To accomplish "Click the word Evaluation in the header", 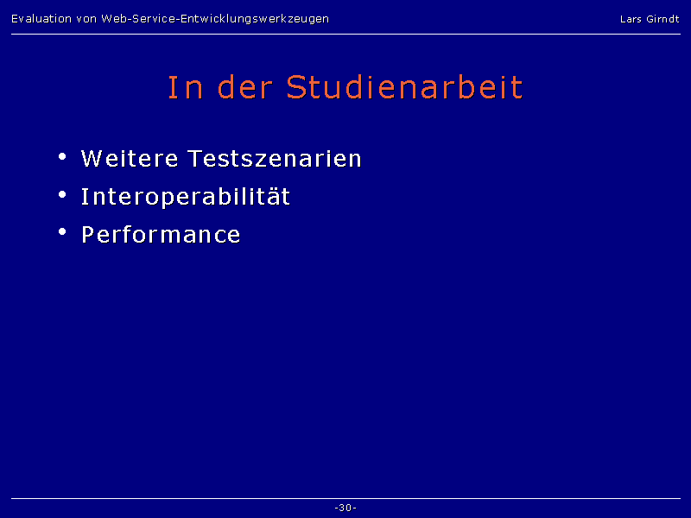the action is click(41, 19).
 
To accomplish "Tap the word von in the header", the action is click(86, 19).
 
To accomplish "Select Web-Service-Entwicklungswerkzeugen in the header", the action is click(215, 19).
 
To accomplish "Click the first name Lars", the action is click(631, 19).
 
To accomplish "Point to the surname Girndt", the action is click(662, 19).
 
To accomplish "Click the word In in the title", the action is click(186, 87).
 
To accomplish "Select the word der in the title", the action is click(245, 87).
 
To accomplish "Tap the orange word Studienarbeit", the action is click(404, 87).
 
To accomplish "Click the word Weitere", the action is click(130, 158).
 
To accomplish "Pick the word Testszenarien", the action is click(275, 158).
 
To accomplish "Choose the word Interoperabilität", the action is click(186, 197).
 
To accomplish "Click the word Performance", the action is click(161, 234).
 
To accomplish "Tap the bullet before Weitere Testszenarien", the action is click(62, 156).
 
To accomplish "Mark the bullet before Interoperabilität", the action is click(62, 194).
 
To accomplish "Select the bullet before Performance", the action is click(62, 231).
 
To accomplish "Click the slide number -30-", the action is click(345, 508).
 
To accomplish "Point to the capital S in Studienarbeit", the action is click(296, 87).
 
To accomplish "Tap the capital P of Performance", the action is click(88, 234).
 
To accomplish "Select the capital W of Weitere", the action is click(92, 158).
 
